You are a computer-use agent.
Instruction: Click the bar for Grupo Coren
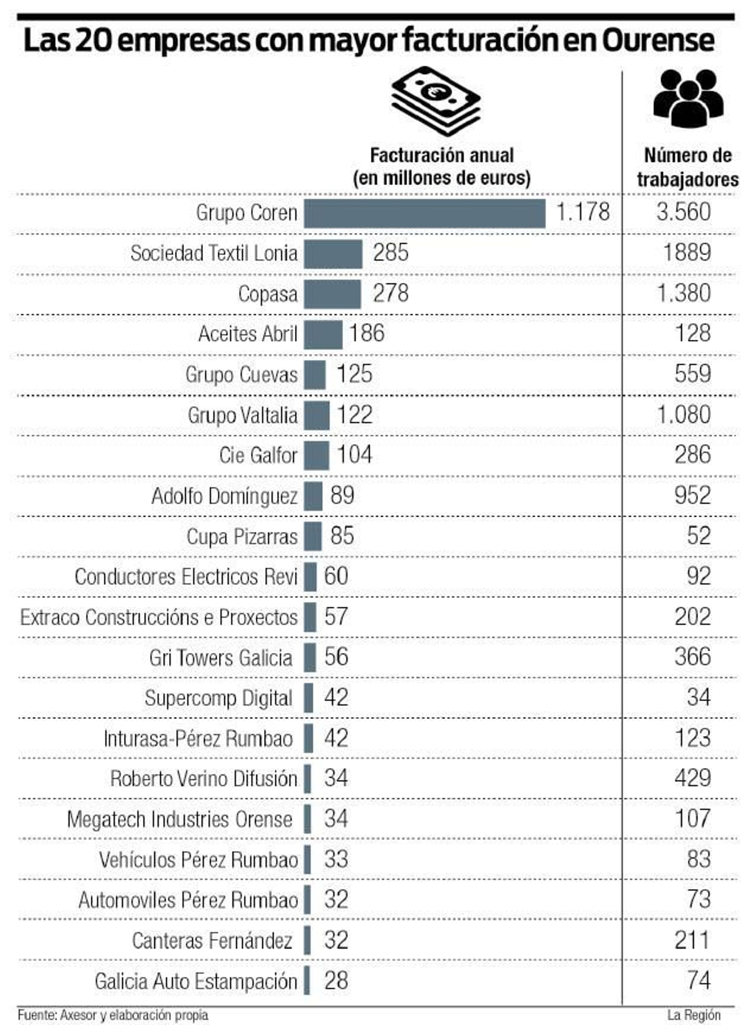pyautogui.click(x=424, y=214)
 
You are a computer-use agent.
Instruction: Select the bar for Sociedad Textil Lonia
pyautogui.click(x=333, y=254)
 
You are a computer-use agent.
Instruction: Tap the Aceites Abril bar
pyautogui.click(x=323, y=335)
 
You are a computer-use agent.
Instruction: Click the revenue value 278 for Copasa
pyautogui.click(x=390, y=293)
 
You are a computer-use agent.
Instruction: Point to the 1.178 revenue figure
pyautogui.click(x=583, y=212)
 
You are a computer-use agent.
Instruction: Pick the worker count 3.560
pyautogui.click(x=683, y=212)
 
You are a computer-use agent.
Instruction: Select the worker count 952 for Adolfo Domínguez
pyautogui.click(x=692, y=496)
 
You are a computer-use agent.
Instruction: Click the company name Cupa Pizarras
pyautogui.click(x=242, y=537)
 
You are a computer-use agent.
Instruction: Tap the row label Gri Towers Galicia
pyautogui.click(x=221, y=658)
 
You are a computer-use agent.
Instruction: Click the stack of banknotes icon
pyautogui.click(x=436, y=100)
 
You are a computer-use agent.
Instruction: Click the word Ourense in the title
pyautogui.click(x=658, y=41)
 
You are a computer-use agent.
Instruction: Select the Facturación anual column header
pyautogui.click(x=442, y=167)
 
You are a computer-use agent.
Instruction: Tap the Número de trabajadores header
pyautogui.click(x=688, y=167)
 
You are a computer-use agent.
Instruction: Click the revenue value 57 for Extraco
pyautogui.click(x=336, y=617)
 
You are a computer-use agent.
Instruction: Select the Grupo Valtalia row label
pyautogui.click(x=243, y=416)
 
